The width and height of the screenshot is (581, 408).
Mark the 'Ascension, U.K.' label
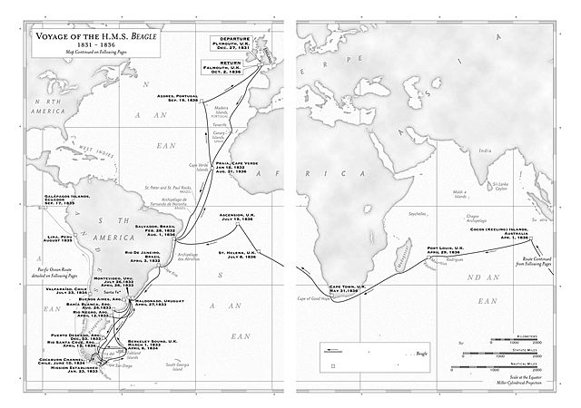pyautogui.click(x=238, y=216)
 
